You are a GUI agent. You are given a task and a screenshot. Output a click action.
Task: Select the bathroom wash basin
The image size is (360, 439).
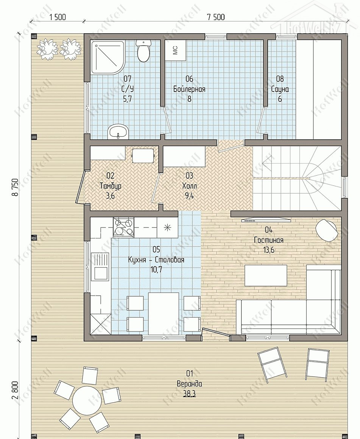tap(118, 132)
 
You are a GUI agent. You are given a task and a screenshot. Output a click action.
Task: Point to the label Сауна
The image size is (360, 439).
tap(280, 89)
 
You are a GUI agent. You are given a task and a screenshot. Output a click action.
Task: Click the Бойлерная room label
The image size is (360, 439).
tap(189, 89)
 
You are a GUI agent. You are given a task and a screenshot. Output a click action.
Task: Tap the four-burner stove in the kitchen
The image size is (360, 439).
tap(123, 227)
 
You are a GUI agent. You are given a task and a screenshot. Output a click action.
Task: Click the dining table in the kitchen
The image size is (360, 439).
tap(164, 314)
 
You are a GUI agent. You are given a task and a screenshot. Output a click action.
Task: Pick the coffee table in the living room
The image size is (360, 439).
tap(266, 276)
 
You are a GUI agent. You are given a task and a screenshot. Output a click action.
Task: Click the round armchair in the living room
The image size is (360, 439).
tap(326, 230)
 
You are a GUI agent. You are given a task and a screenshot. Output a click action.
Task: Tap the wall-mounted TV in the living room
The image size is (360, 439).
tap(266, 220)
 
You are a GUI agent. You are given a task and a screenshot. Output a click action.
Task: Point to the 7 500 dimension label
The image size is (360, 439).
tap(216, 17)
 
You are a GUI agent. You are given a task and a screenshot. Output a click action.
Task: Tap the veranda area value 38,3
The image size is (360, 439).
tap(189, 394)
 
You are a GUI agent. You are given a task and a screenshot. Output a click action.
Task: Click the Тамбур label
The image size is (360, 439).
tap(111, 185)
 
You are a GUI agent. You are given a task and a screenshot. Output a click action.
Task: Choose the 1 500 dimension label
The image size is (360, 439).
tap(58, 17)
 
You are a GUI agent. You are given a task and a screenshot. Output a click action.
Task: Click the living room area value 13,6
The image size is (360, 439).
tap(269, 250)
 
